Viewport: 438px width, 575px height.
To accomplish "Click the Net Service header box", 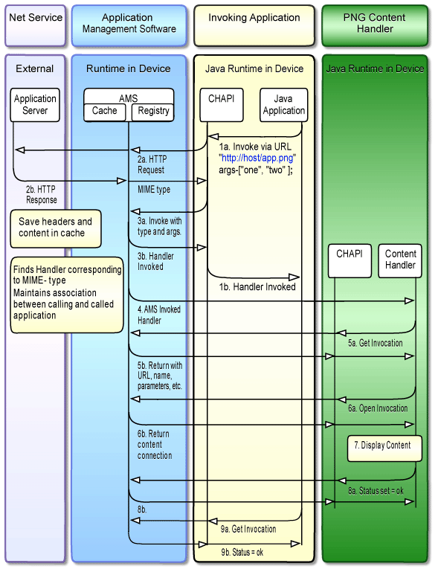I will click(x=35, y=23).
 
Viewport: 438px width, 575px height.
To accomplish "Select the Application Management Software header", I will click(x=129, y=23).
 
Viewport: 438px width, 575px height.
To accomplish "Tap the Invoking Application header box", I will click(x=254, y=23).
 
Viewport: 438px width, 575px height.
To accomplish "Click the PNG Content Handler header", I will click(x=375, y=23).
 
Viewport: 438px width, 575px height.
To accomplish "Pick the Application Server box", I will click(x=35, y=104).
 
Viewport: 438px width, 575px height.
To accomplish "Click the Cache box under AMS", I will click(x=105, y=111).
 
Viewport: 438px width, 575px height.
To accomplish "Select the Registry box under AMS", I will click(x=153, y=111).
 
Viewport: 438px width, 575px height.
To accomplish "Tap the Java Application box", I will click(x=283, y=104).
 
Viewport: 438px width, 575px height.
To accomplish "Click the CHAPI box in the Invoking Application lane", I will click(x=222, y=104).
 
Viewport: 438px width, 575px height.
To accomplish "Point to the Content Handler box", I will click(x=400, y=260).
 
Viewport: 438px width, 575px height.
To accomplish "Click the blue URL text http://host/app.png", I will click(x=257, y=158).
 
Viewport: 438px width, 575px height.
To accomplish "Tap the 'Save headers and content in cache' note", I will click(x=56, y=227).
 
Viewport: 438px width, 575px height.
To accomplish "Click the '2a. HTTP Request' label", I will click(x=151, y=164).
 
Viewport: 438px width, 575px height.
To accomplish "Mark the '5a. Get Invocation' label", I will click(x=376, y=343).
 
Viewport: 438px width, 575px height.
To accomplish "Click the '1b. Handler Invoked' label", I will click(x=257, y=286).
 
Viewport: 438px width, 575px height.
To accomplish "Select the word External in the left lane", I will click(x=35, y=68).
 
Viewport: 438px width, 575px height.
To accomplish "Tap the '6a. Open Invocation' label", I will click(x=378, y=408).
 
